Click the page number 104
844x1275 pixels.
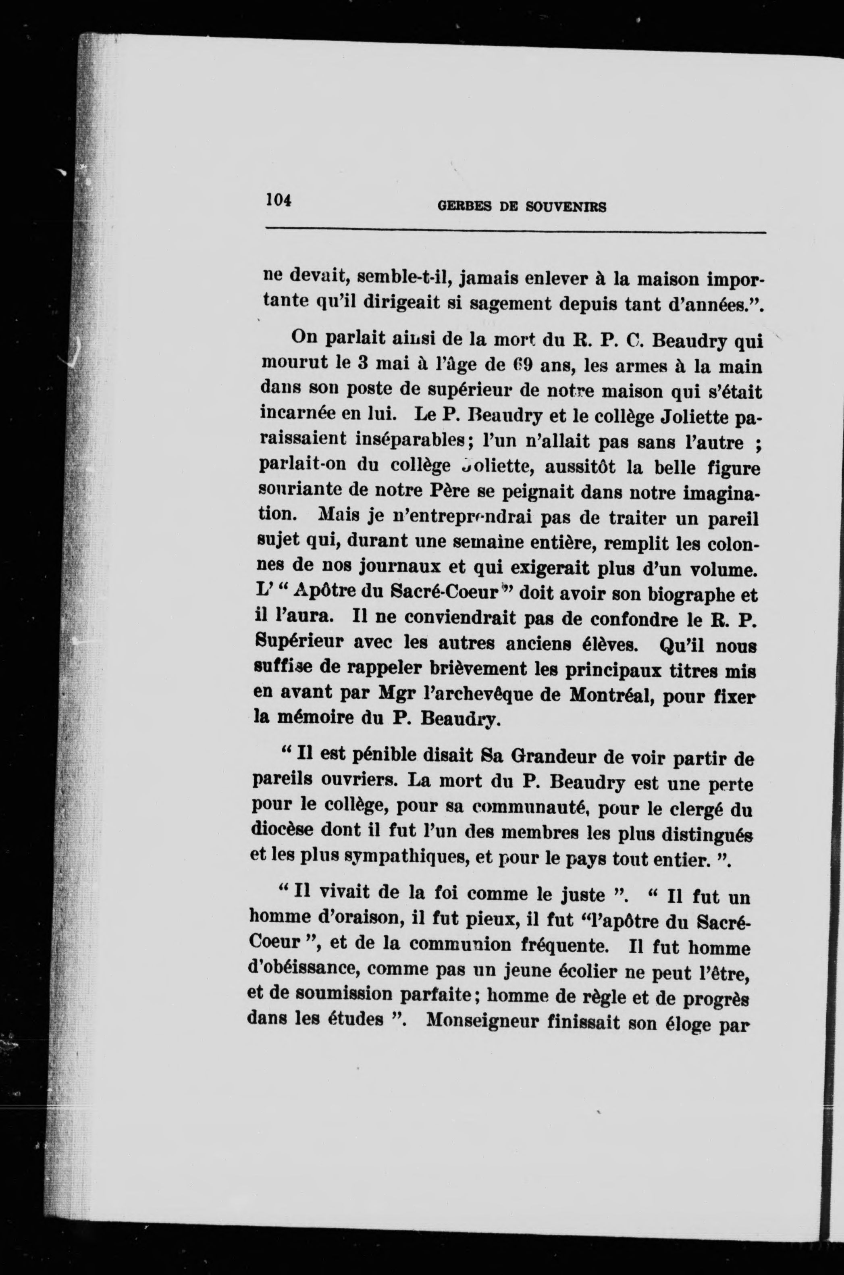click(278, 200)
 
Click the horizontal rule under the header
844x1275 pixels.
click(515, 233)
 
